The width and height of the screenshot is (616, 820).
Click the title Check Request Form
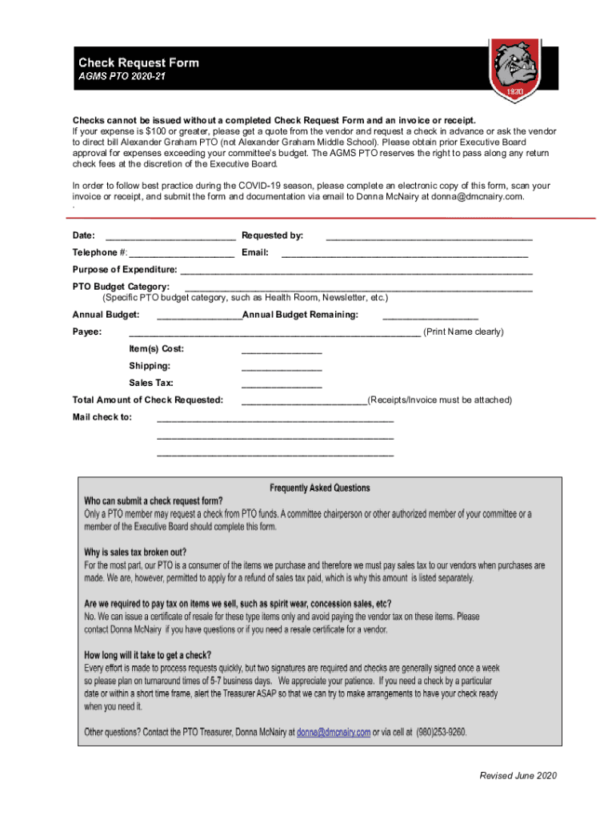tap(138, 62)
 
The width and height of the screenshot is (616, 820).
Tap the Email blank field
tap(404, 254)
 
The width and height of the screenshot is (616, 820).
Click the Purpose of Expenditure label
tap(125, 270)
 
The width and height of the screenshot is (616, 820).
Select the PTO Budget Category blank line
tap(358, 287)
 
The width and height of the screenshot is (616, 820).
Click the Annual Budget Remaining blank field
tap(430, 316)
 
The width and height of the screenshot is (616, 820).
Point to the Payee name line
tap(274, 333)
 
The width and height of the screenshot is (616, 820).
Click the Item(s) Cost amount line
tap(282, 350)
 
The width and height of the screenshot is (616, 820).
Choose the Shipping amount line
tap(282, 367)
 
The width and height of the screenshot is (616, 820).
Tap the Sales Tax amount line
tap(282, 384)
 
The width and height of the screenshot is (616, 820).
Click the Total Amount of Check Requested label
tap(148, 400)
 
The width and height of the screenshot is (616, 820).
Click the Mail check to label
tap(102, 417)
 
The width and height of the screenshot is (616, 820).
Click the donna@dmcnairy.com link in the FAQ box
tap(334, 732)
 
